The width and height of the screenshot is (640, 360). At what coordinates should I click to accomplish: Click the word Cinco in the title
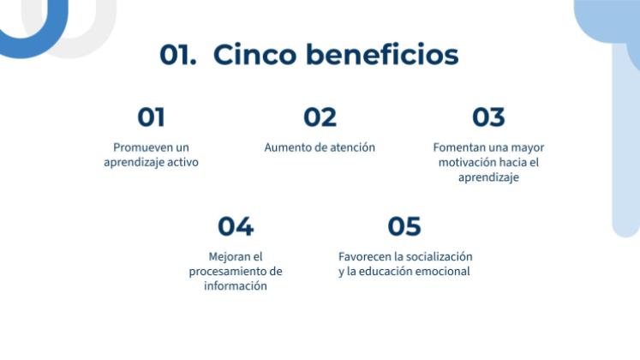[251, 54]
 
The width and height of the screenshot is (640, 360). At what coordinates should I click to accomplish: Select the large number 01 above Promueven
[151, 117]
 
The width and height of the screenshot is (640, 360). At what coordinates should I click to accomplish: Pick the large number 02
[320, 117]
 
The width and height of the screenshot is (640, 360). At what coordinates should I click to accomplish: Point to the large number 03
[488, 117]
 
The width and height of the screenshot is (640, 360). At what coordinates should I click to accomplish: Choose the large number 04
[236, 226]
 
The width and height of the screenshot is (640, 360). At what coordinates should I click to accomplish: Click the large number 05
[404, 226]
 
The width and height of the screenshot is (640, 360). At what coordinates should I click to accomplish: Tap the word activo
[182, 162]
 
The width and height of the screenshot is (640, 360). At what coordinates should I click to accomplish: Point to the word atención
[351, 147]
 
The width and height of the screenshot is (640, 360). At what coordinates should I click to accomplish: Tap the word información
[236, 286]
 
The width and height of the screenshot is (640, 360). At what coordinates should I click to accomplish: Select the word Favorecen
[366, 256]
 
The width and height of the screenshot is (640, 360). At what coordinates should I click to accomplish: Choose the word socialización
[440, 256]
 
